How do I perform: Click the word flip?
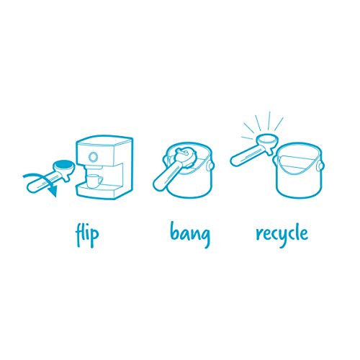coord(87,234)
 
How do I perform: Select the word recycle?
coord(282,234)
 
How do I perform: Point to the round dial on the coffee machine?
coord(93,157)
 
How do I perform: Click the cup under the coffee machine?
coord(94,181)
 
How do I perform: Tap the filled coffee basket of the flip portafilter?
coord(63,165)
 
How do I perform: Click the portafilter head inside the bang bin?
coord(185,156)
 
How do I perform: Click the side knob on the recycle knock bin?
coord(320,166)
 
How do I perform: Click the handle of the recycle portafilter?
coord(247,156)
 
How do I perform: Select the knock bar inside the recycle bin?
coord(297,158)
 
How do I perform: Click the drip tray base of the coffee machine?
coord(99,192)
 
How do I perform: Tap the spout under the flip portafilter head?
coord(67,178)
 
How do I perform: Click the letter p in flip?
coord(94,236)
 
